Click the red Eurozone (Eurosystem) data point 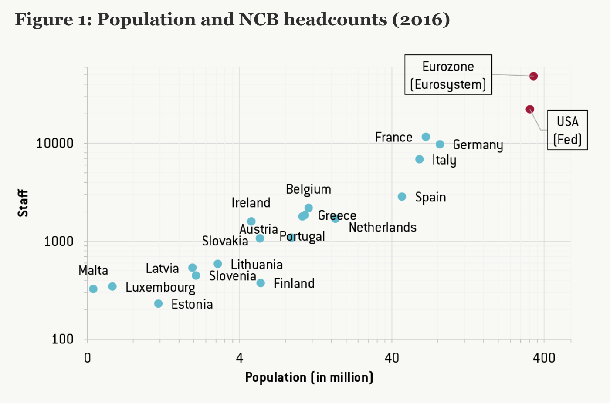(x=533, y=76)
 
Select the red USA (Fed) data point (x=530, y=109)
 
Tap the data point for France (x=426, y=137)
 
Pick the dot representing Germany (x=440, y=144)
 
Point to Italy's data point (x=420, y=159)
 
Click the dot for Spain (x=402, y=197)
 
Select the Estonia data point (x=159, y=303)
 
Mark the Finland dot (x=261, y=283)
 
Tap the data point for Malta (x=93, y=289)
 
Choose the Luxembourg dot (x=112, y=286)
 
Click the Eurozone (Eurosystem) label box (x=448, y=75)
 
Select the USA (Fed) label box (x=567, y=130)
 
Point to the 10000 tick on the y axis (x=54, y=143)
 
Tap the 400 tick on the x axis (x=544, y=358)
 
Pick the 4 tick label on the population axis (x=240, y=358)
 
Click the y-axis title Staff (x=23, y=203)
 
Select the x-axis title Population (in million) (x=309, y=377)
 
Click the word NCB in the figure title (x=259, y=20)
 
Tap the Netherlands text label (x=383, y=227)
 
